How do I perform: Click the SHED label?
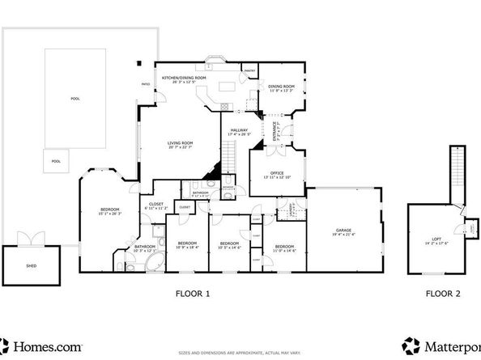pyautogui.click(x=31, y=265)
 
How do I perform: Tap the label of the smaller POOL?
pyautogui.click(x=56, y=161)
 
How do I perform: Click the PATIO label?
pyautogui.click(x=146, y=83)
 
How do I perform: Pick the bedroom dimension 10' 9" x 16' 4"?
pyautogui.click(x=188, y=247)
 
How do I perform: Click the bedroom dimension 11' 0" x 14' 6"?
pyautogui.click(x=283, y=250)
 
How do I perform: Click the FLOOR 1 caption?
pyautogui.click(x=193, y=294)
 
